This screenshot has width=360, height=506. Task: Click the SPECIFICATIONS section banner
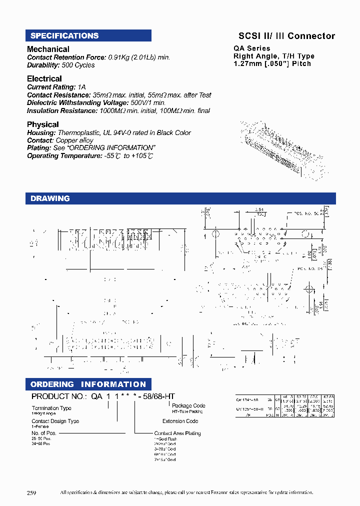[88, 35]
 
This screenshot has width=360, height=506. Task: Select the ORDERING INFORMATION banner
[88, 384]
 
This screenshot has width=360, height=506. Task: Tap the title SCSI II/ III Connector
[286, 36]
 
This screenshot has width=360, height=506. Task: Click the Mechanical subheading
[48, 49]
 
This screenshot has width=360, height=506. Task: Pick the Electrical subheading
[44, 78]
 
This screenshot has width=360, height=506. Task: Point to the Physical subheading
[42, 124]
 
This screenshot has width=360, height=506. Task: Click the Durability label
[43, 65]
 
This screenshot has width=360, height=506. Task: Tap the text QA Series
[252, 48]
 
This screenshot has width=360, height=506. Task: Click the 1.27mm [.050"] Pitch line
[272, 63]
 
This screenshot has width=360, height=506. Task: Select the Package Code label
[188, 405]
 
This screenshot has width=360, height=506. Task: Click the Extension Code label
[180, 421]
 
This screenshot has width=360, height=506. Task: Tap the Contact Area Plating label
[177, 433]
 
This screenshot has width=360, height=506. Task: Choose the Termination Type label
[51, 408]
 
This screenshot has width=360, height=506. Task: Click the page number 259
[31, 492]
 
